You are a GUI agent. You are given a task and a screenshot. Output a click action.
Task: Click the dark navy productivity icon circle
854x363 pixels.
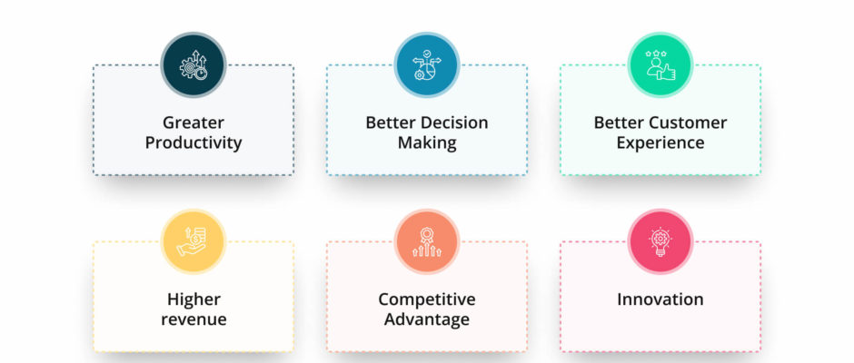tap(194, 64)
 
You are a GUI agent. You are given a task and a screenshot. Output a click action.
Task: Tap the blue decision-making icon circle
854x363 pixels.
tap(427, 64)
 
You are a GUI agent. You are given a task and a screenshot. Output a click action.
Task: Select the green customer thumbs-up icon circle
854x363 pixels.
tap(660, 64)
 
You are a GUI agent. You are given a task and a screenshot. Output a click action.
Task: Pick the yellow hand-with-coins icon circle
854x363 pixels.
tap(194, 241)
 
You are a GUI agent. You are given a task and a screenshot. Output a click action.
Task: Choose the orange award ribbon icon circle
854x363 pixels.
tap(427, 241)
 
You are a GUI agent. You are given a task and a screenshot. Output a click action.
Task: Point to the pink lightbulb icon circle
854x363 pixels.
tap(660, 241)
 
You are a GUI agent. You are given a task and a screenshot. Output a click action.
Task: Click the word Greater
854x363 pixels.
tap(194, 123)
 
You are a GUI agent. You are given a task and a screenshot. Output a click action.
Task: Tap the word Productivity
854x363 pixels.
tap(194, 143)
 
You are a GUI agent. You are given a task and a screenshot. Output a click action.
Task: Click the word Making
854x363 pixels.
tap(427, 143)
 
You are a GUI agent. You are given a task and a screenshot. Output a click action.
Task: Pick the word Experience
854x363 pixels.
tap(660, 143)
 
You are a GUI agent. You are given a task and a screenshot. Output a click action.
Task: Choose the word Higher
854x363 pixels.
tap(194, 299)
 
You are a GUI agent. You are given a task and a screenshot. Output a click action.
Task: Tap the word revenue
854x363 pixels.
tap(194, 319)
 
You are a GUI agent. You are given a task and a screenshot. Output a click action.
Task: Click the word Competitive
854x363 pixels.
tap(427, 299)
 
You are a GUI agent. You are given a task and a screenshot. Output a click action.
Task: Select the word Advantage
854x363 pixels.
tap(427, 319)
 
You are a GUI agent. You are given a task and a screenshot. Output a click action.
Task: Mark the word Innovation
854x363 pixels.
tap(660, 299)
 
